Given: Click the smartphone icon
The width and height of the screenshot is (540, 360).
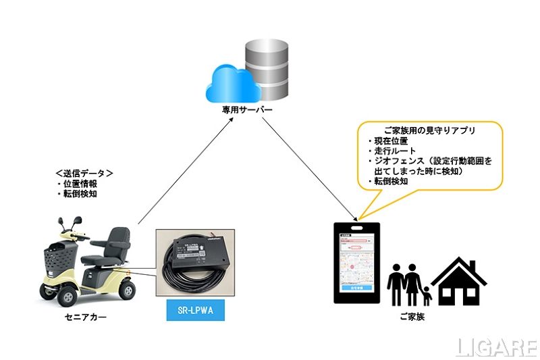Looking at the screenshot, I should [358, 263].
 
